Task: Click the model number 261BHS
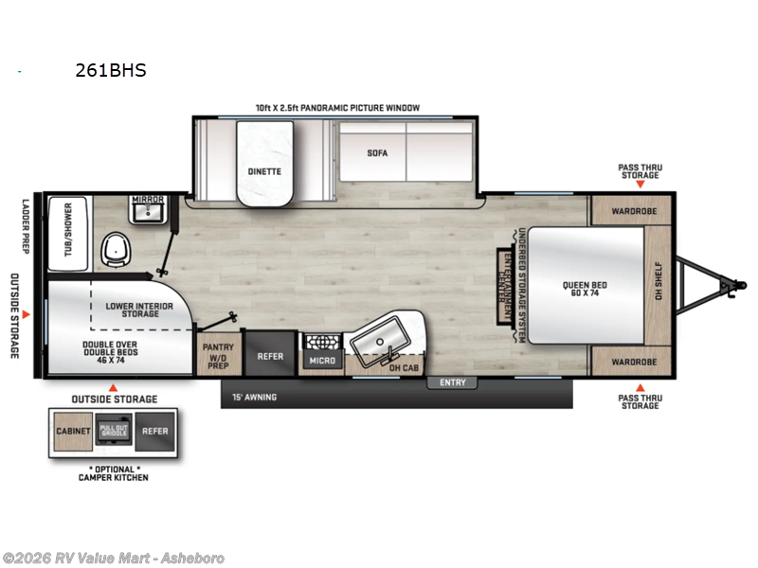pos(111,70)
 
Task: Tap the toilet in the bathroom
pos(116,250)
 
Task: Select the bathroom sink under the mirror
pos(149,212)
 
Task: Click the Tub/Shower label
pos(67,229)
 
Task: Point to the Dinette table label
pos(264,171)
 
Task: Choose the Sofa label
pos(377,153)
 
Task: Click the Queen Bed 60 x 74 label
pos(585,289)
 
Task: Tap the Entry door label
pos(453,382)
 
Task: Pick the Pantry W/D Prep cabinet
pos(219,354)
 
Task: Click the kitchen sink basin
pos(381,339)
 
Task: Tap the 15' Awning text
pos(254,397)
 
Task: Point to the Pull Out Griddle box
pos(114,430)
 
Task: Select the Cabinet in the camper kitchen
pos(73,432)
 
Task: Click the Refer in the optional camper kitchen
pos(154,432)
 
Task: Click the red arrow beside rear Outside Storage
pos(27,314)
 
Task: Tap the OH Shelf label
pos(658,280)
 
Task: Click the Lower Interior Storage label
pos(139,311)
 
